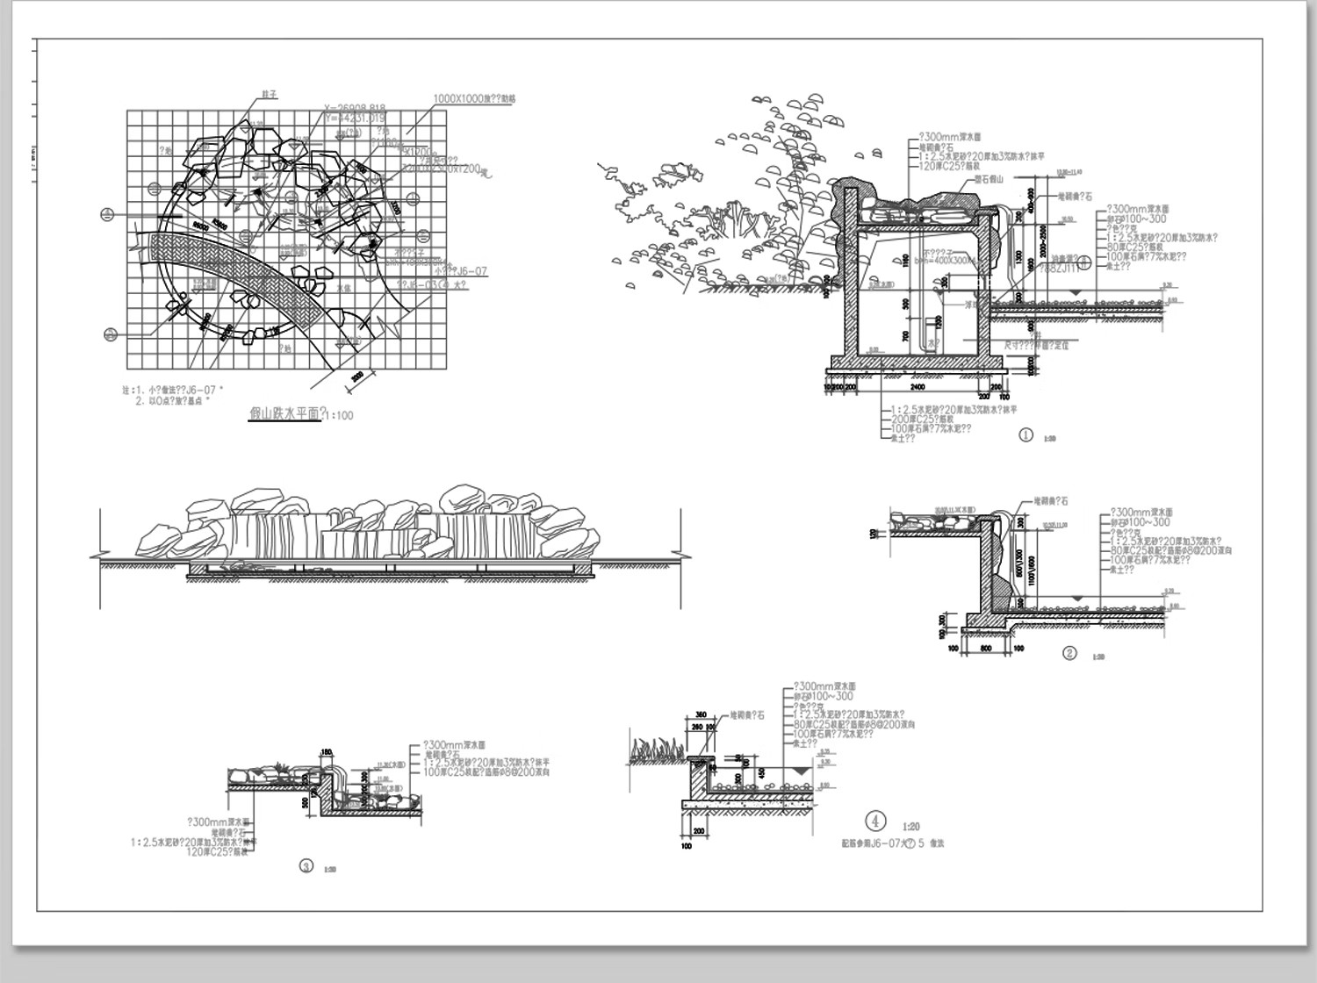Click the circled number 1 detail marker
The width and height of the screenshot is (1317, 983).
(1026, 434)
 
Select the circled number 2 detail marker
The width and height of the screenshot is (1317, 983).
(1069, 653)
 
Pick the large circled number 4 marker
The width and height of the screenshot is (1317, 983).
(874, 821)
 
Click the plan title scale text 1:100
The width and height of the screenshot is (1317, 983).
(339, 415)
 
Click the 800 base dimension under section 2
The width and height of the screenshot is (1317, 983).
(986, 649)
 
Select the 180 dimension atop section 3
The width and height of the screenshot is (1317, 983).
(327, 752)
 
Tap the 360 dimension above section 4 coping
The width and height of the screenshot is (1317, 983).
(701, 715)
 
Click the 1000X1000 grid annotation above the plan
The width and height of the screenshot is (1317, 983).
(474, 99)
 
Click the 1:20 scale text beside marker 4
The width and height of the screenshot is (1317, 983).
(910, 827)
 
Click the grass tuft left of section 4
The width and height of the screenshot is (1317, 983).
(653, 749)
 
